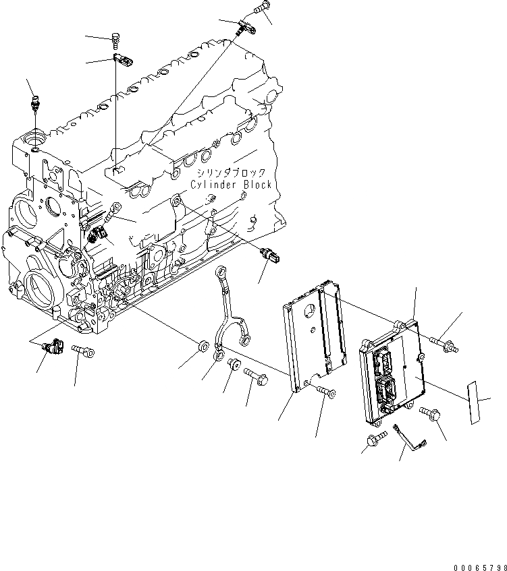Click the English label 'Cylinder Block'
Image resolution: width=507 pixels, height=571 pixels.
coord(231,184)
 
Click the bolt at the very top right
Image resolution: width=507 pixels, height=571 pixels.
coord(261,9)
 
